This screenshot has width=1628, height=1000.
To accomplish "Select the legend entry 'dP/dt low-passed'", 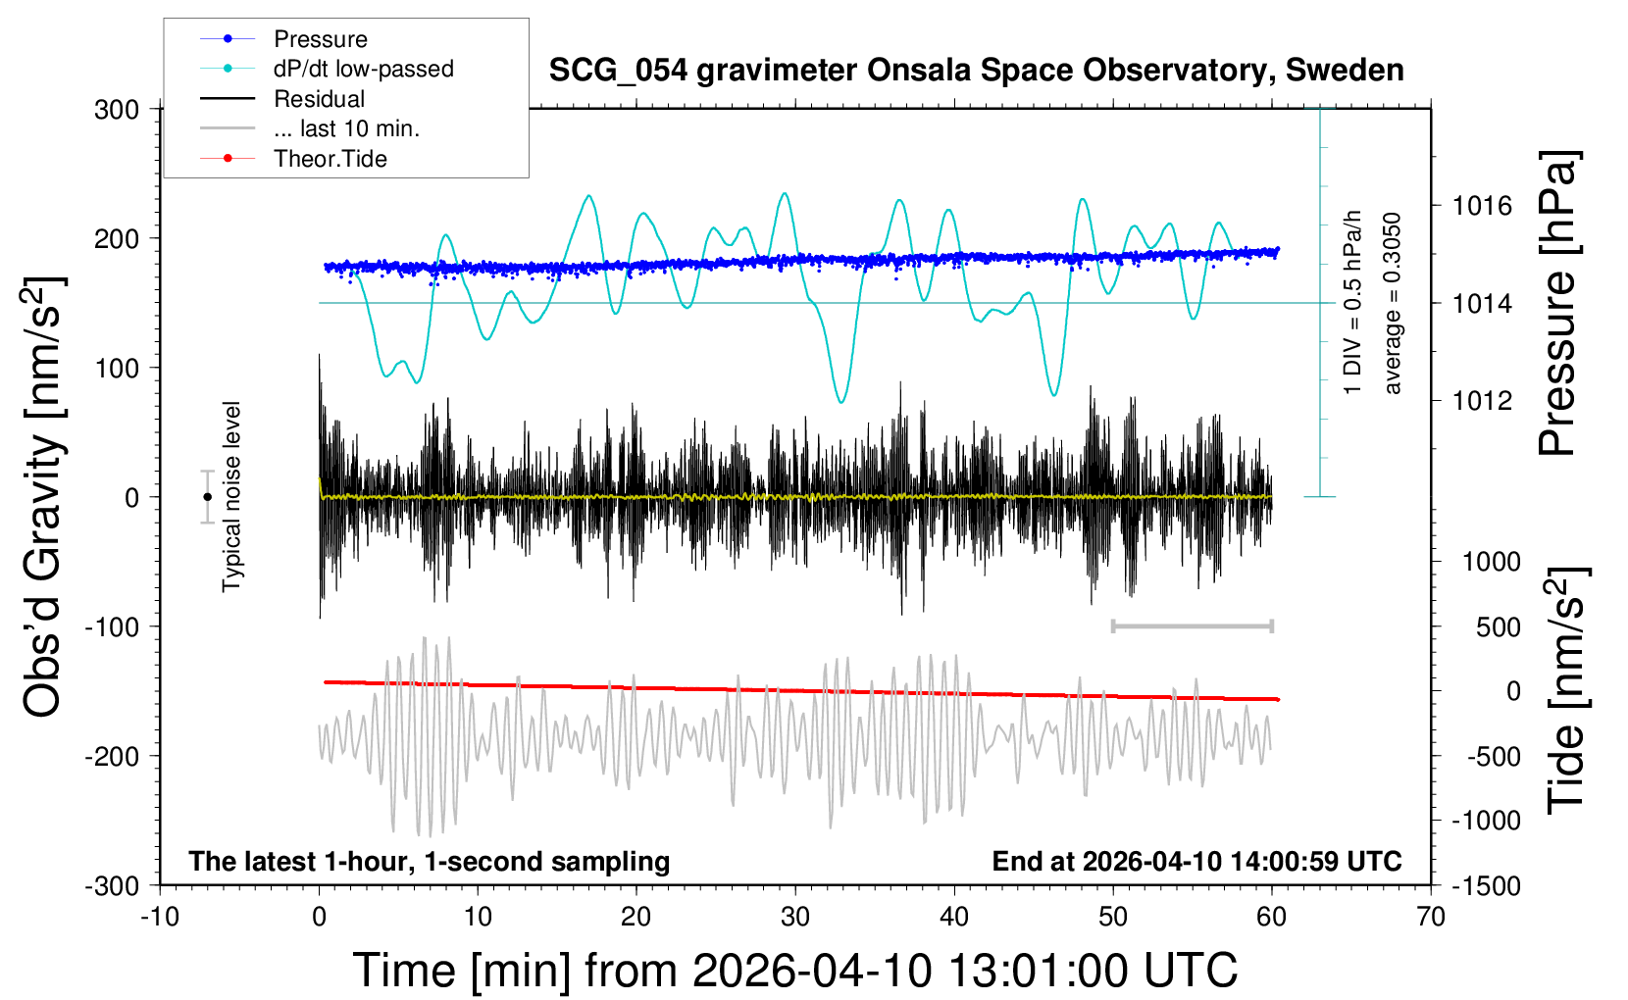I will click(363, 69).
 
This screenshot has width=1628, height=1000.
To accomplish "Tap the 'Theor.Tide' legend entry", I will click(330, 159).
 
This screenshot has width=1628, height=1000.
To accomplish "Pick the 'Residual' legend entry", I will click(319, 99).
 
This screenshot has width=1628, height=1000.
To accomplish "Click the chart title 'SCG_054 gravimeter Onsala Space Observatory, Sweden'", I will click(976, 71).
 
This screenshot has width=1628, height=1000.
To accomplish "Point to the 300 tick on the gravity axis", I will click(117, 109).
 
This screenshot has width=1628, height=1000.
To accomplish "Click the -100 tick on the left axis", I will click(111, 626).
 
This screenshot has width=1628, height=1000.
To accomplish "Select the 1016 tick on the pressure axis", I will click(1482, 206).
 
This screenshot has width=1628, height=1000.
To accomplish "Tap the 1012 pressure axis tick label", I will click(1482, 400).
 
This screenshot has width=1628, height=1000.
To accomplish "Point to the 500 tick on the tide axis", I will click(1498, 627).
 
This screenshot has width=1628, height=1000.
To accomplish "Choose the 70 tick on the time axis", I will click(1431, 918).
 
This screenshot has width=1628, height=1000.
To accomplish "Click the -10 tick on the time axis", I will click(160, 918).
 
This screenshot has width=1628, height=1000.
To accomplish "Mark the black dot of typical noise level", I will click(207, 497).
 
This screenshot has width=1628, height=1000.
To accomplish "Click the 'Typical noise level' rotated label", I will click(231, 497).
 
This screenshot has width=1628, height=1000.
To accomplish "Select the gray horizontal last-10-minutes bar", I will click(1192, 626).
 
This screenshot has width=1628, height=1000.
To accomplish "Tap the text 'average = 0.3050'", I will click(1393, 303).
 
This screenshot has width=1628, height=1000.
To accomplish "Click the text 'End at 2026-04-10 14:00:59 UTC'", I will click(1196, 862).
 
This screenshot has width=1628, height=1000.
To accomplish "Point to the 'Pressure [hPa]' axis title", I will click(1557, 303).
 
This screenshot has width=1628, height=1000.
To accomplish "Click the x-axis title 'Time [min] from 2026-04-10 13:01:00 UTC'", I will click(794, 971).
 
